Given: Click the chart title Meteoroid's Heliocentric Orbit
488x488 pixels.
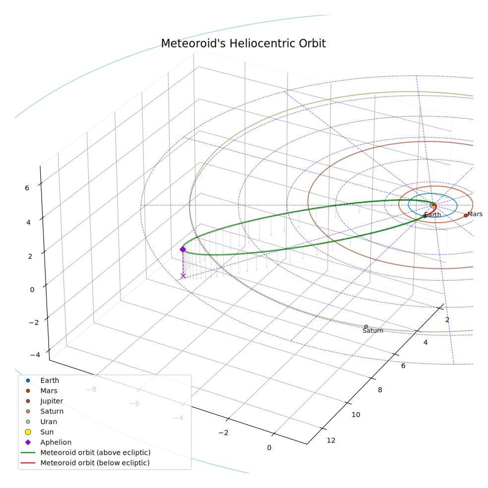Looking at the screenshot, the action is click(x=243, y=44).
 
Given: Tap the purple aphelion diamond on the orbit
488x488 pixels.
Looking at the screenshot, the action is click(x=183, y=249).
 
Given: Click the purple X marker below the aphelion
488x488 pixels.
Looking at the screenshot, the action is click(x=183, y=276).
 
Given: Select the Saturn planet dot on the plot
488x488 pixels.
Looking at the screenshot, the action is click(x=366, y=326).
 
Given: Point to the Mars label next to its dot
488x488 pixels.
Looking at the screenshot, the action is click(x=475, y=214).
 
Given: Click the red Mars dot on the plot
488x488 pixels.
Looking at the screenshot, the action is click(x=466, y=215).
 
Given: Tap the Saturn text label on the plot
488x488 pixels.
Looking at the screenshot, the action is click(x=373, y=330).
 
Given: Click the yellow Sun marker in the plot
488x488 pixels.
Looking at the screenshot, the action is click(x=433, y=205).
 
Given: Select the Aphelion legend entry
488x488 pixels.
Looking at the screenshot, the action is click(x=47, y=442).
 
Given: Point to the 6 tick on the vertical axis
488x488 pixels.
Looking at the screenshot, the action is click(x=27, y=188).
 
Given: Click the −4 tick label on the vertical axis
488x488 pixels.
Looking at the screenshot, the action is click(x=35, y=355).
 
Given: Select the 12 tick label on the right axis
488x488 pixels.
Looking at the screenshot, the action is click(x=331, y=440).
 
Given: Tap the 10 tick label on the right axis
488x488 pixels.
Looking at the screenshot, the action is click(x=356, y=415).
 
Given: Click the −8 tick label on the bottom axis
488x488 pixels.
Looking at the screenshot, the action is click(x=91, y=389).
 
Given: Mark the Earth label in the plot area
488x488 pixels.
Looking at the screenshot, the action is click(x=432, y=214).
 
